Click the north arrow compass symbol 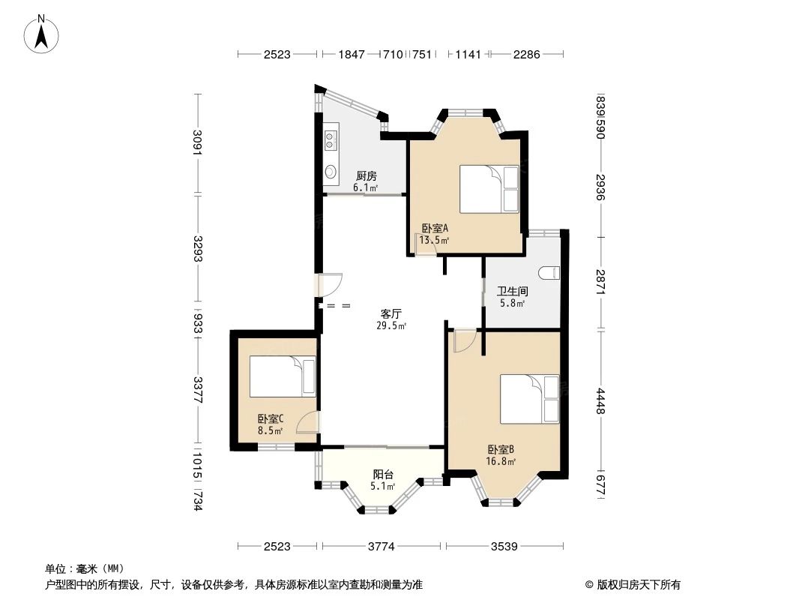click(x=43, y=34)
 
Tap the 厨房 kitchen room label click(x=366, y=176)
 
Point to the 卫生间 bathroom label click(x=513, y=291)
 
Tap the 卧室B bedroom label click(x=501, y=449)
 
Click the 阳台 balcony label click(x=383, y=474)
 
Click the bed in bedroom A click(x=489, y=189)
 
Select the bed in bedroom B click(x=529, y=399)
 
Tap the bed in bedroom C click(x=283, y=376)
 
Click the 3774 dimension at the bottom click(x=381, y=547)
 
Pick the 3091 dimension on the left click(x=198, y=142)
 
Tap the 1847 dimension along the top click(x=352, y=54)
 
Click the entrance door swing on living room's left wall click(x=329, y=285)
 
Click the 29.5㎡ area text click(x=391, y=325)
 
